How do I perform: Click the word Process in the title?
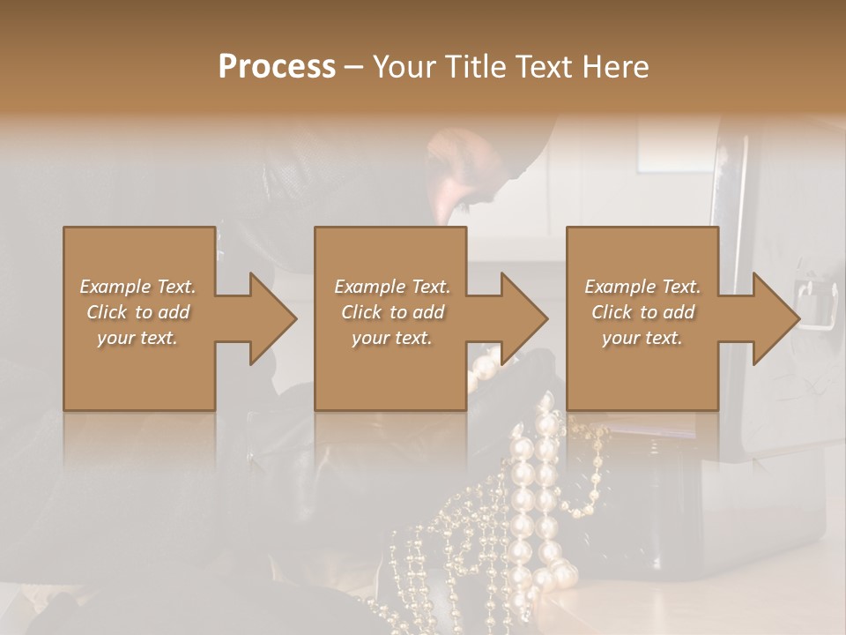point(277,67)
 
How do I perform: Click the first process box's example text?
point(137,312)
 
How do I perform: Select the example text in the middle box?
point(391,312)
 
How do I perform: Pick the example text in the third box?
point(642,312)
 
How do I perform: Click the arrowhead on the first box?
point(272,318)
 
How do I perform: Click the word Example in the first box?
point(115,287)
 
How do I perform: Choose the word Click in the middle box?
point(361,312)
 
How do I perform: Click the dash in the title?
point(354,67)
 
